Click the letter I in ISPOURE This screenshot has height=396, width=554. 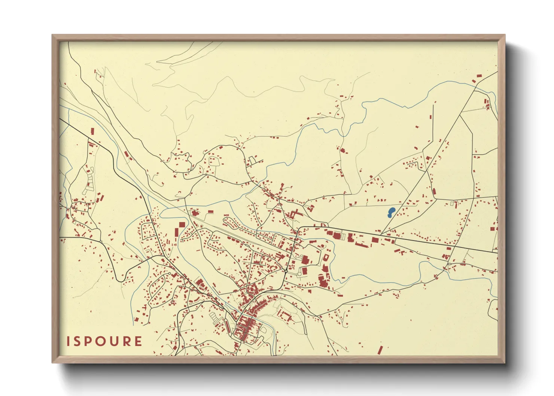[69, 341]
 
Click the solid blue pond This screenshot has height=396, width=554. [391, 213]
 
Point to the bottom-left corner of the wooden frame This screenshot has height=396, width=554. [53, 362]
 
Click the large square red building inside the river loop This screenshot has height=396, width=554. [182, 225]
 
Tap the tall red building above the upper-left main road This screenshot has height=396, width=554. [92, 131]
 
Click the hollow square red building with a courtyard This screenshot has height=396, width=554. [326, 258]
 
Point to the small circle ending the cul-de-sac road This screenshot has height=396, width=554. [170, 274]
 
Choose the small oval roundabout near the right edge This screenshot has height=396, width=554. [449, 264]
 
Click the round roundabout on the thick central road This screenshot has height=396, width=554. [286, 271]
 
